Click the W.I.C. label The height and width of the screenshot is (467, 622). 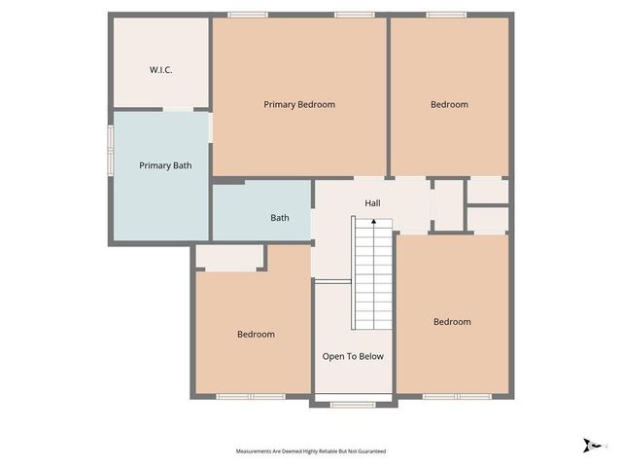pos(160,70)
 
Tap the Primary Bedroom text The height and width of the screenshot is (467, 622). pos(299,104)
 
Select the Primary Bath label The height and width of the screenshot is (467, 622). pos(165,165)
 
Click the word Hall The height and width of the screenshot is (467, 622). pos(372,203)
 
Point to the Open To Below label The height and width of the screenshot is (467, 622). pos(353,356)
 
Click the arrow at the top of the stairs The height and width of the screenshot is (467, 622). pos(374,223)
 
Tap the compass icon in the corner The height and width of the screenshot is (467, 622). pos(589,445)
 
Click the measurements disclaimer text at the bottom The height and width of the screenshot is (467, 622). pos(311,451)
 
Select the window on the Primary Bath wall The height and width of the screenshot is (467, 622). pos(110,151)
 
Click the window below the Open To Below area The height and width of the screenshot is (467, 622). pos(353,404)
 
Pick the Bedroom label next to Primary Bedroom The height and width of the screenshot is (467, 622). pos(449,104)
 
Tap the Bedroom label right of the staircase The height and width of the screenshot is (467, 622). pos(452,322)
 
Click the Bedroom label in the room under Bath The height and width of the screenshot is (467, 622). pos(256,334)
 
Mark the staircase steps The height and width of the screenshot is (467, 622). pos(372,277)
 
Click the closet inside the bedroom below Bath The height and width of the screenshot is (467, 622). pos(229,258)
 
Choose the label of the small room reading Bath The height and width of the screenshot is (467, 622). pos(280,218)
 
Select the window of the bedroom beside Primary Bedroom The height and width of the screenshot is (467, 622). pos(446,15)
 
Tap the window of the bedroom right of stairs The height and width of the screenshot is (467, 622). pos(457,397)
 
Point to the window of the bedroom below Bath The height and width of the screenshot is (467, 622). pos(250,397)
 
